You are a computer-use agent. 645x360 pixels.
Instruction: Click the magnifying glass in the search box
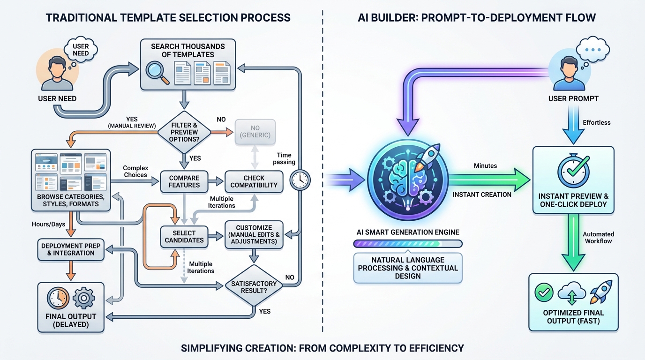tap(157, 71)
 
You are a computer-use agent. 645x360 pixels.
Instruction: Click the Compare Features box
tap(185, 181)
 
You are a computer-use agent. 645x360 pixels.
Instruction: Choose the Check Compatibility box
tap(254, 181)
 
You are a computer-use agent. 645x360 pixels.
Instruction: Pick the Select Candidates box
tap(184, 236)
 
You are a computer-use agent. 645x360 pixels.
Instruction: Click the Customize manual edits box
tap(254, 234)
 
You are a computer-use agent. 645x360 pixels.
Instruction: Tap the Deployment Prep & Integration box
tap(70, 249)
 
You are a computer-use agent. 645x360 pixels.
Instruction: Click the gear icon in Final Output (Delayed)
tap(84, 298)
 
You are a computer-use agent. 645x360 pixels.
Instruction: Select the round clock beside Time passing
tap(300, 179)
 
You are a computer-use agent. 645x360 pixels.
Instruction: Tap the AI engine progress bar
tap(407, 244)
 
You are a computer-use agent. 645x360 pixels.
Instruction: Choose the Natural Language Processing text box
tap(407, 268)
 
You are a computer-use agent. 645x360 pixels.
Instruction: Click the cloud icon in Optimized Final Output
tap(572, 294)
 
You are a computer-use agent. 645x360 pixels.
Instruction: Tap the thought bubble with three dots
tap(592, 49)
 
